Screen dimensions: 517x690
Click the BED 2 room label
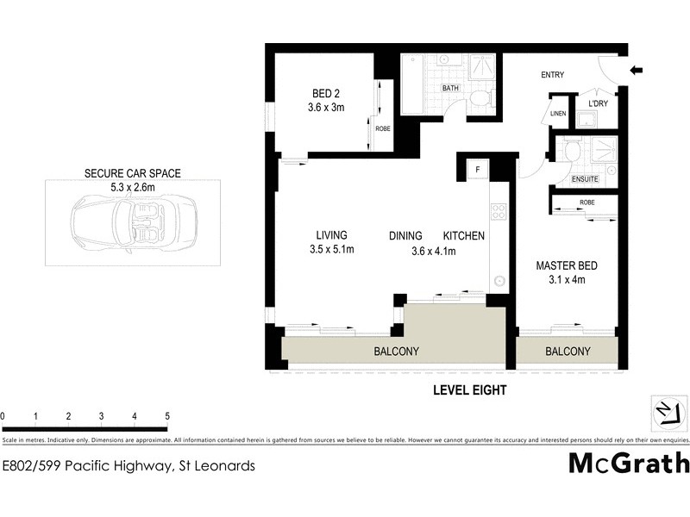point(327,95)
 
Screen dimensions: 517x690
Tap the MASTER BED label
point(566,266)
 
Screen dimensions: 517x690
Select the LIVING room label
point(331,235)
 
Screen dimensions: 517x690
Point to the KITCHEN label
point(464,235)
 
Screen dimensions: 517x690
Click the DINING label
point(405,235)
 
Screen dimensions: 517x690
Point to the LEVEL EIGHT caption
point(469,390)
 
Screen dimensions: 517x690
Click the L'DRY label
point(598,103)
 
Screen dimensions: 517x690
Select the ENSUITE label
point(584,179)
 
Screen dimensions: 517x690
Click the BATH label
point(450,88)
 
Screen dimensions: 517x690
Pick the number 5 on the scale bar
point(166,416)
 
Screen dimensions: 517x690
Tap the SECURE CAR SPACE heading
point(132,173)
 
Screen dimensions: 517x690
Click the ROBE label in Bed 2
point(381,128)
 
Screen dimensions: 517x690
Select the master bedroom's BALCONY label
point(568,352)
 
